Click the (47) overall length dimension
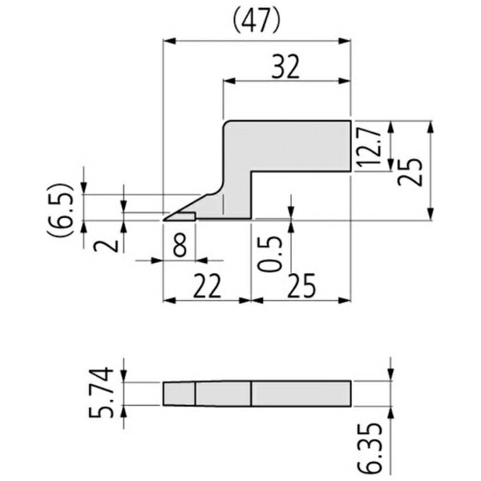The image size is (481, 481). coord(257,21)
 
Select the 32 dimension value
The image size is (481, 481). coord(285,67)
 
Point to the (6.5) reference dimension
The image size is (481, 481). coord(60,210)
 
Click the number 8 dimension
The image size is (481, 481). coord(180,245)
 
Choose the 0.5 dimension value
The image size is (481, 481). coord(269,253)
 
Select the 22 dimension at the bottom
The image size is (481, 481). coord(207,285)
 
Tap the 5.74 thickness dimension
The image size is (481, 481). coord(101,392)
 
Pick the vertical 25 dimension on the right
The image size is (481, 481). coord(410,172)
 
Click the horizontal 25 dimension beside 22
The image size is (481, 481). coord(301,285)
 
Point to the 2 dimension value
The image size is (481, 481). coord(106,246)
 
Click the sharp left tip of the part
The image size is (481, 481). coord(164,220)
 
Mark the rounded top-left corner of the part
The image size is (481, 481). coord(226,123)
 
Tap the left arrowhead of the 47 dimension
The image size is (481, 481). coord(169,41)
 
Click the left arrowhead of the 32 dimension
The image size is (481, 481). coord(229,81)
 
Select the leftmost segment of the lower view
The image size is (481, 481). coord(179,394)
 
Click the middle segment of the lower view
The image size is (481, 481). coord(224,394)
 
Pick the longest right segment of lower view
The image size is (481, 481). coord(301,394)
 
